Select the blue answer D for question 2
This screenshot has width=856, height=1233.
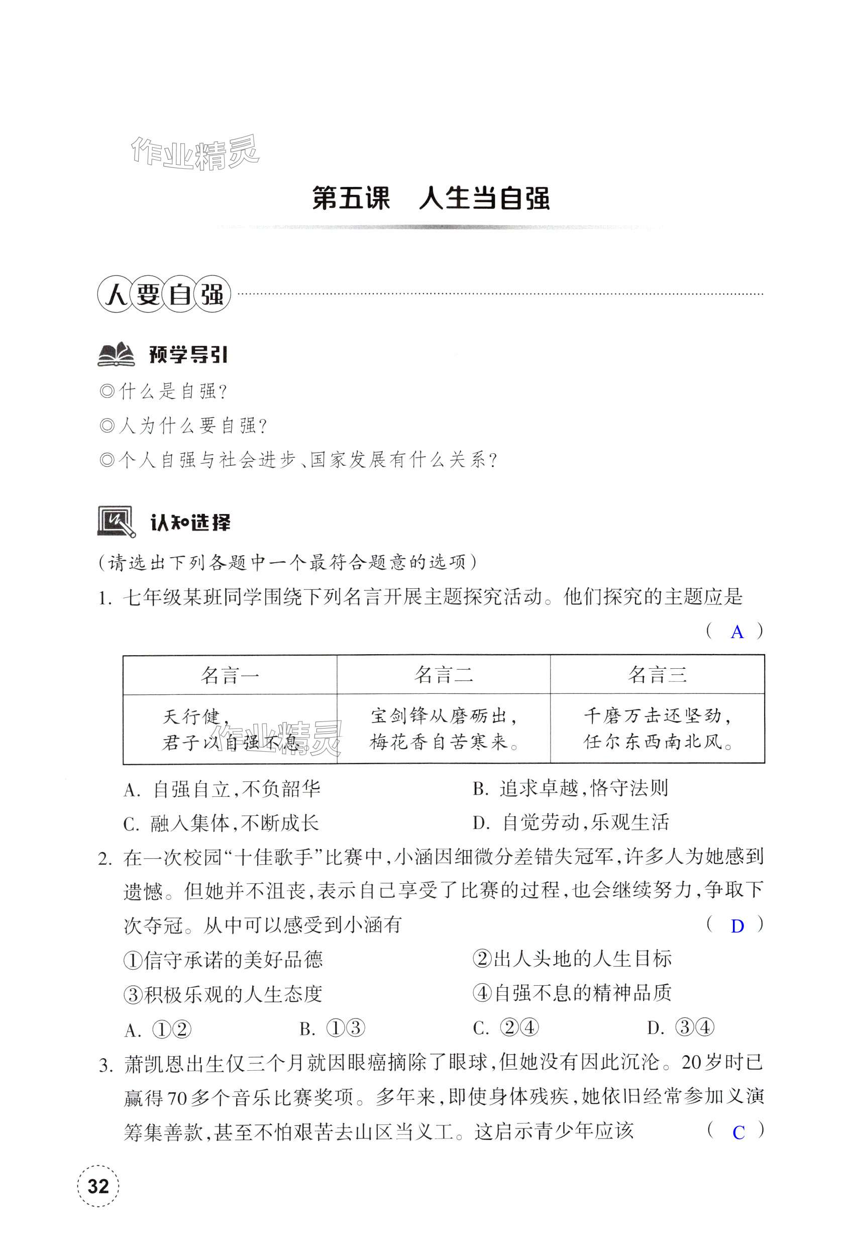tap(737, 926)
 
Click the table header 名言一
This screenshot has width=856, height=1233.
tap(230, 675)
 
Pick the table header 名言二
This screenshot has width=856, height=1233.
tap(444, 675)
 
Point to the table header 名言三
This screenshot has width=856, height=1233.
tap(657, 675)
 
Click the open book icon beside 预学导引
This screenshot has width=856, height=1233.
tap(117, 355)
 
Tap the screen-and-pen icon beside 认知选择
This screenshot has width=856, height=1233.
tap(117, 522)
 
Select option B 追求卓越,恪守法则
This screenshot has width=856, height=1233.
tap(571, 788)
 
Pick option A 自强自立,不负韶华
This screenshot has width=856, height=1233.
tap(222, 789)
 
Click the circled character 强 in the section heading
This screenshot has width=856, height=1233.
tap(212, 294)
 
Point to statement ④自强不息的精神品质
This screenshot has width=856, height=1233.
tap(572, 993)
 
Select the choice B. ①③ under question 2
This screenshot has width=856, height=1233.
tap(332, 1029)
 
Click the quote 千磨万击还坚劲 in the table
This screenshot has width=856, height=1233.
tap(657, 717)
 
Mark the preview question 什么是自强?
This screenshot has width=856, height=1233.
tap(164, 391)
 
